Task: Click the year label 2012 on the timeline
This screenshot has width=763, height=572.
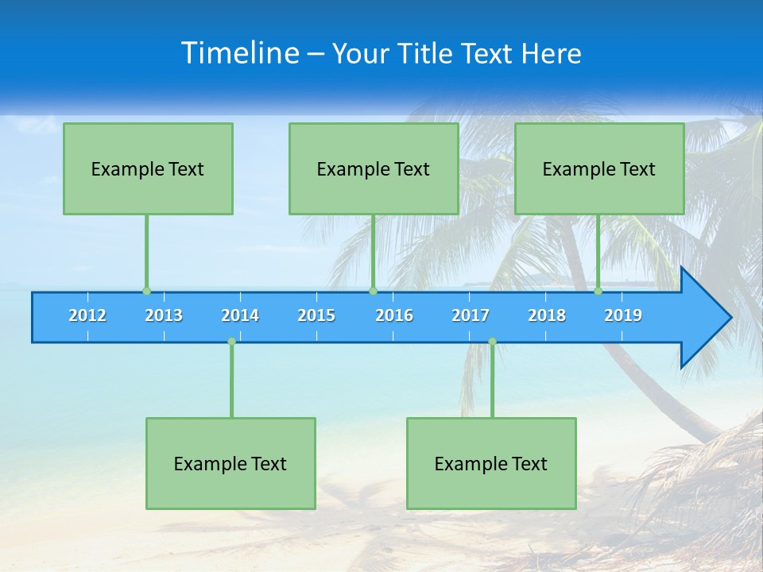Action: pyautogui.click(x=87, y=315)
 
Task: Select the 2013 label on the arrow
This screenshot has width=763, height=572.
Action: pyautogui.click(x=164, y=315)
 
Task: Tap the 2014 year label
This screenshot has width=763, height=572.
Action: pyautogui.click(x=240, y=315)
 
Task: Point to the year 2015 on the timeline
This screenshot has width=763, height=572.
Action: pyautogui.click(x=316, y=315)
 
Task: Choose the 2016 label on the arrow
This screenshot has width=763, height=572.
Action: pyautogui.click(x=394, y=315)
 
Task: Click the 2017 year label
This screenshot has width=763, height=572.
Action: pyautogui.click(x=471, y=315)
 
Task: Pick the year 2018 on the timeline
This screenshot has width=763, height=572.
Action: pyautogui.click(x=547, y=315)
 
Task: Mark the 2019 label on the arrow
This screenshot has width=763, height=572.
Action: pyautogui.click(x=623, y=315)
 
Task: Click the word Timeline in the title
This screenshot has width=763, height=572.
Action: pyautogui.click(x=240, y=52)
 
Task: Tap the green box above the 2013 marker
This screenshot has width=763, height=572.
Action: pyautogui.click(x=148, y=168)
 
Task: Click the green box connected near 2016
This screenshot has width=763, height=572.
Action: pyautogui.click(x=374, y=168)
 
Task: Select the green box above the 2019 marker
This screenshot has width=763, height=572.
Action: pyautogui.click(x=599, y=168)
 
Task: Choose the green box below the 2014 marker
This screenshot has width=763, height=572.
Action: pyautogui.click(x=230, y=463)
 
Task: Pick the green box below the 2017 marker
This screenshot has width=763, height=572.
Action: pyautogui.click(x=491, y=463)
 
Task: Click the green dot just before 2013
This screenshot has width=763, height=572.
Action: pyautogui.click(x=146, y=291)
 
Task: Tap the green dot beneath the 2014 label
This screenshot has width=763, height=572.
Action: pyautogui.click(x=231, y=342)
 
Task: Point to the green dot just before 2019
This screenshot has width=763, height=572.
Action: pyautogui.click(x=598, y=291)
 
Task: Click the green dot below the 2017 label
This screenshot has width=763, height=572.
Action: pyautogui.click(x=492, y=342)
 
